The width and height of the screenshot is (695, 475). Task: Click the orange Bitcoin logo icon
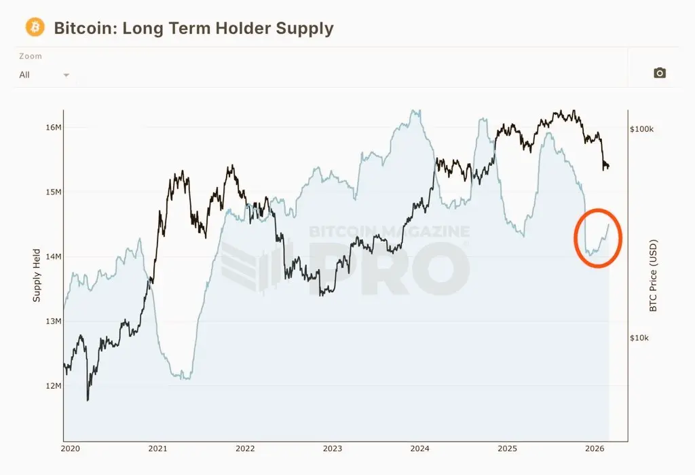(35, 27)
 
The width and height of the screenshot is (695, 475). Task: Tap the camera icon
(659, 73)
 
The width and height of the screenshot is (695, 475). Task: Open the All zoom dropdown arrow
(67, 75)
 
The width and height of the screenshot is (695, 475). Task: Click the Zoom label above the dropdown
(31, 56)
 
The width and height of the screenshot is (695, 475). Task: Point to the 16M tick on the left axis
(52, 128)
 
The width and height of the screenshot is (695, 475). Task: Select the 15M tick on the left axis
(52, 192)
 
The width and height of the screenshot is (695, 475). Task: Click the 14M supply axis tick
(52, 257)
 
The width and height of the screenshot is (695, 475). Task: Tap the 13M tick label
(52, 321)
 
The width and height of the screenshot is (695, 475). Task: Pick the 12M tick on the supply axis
(52, 386)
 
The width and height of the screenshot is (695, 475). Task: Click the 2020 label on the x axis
(71, 448)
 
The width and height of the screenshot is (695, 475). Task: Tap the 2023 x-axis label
(333, 448)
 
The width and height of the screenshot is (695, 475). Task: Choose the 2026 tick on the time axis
(595, 448)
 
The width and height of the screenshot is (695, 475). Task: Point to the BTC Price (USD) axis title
(654, 275)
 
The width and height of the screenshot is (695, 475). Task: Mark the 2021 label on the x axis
(157, 448)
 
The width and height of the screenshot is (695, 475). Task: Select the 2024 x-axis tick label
(420, 448)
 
